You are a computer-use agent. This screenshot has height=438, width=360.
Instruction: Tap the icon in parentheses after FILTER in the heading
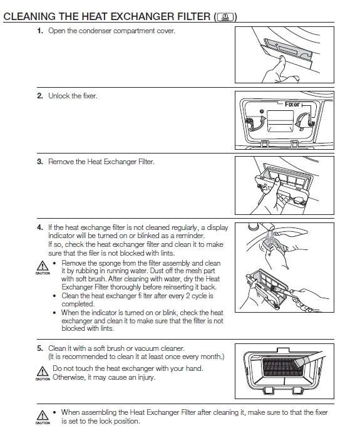(225, 18)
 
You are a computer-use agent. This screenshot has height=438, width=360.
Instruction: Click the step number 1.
(40, 31)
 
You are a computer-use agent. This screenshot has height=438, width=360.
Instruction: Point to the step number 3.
(40, 162)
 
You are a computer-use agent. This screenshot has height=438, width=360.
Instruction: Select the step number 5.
(40, 348)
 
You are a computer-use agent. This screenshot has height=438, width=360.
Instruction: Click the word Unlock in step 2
(59, 96)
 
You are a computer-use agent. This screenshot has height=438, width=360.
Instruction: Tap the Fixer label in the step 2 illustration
(292, 104)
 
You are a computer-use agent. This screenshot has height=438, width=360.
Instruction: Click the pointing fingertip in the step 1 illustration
(282, 58)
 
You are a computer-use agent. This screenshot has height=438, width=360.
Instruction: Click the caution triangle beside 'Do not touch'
(43, 372)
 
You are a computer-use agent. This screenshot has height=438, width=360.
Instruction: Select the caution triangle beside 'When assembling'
(43, 415)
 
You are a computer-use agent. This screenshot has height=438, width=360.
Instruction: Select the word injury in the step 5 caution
(145, 377)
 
